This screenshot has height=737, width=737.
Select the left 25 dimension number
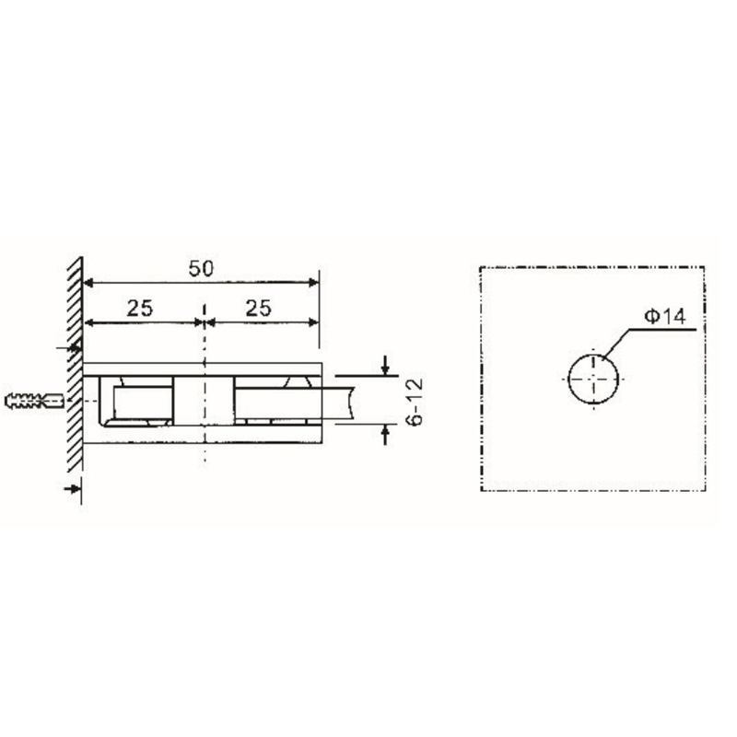click(139, 308)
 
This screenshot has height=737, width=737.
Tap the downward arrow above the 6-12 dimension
click(386, 367)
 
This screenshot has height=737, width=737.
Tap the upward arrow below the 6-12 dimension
click(386, 433)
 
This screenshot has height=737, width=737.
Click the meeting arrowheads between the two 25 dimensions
click(203, 322)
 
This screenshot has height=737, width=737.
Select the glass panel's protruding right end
click(343, 400)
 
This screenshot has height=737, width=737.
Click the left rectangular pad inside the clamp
click(140, 403)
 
